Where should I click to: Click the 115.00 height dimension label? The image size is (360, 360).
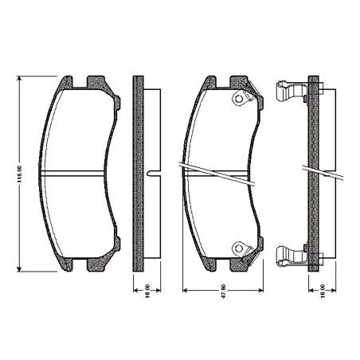coord(19,174)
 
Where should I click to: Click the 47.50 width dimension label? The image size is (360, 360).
coord(223,292)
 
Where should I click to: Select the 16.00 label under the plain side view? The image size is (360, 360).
coord(147,292)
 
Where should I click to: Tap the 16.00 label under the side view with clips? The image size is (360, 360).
coord(323,292)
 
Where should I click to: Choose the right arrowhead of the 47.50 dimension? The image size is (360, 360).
coord(260,291)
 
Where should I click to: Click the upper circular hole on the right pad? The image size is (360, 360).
coord(239,99)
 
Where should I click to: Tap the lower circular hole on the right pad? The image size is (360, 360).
coord(239,248)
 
